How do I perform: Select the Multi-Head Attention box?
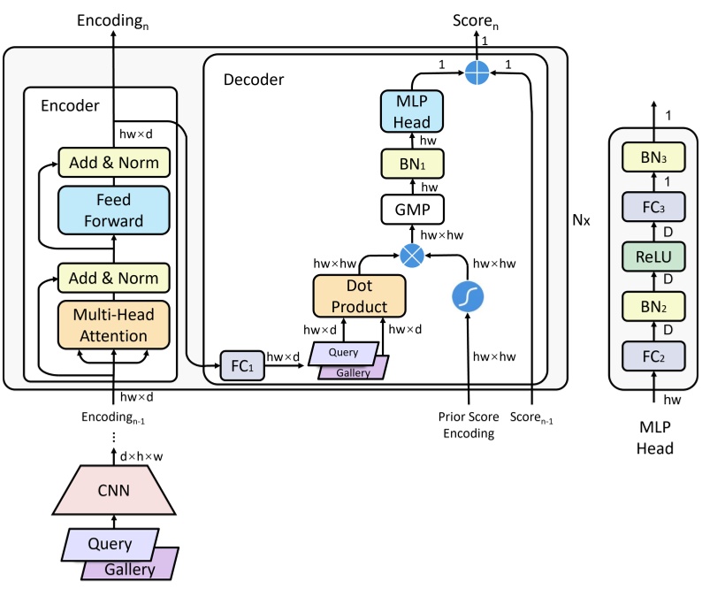point(114,325)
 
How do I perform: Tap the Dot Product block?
point(359,295)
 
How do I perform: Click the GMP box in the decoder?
point(411,210)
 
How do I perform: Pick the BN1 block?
point(411,164)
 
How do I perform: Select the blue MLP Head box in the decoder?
point(411,111)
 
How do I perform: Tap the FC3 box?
point(655,207)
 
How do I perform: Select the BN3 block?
point(655,159)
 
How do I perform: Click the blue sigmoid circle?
point(468,296)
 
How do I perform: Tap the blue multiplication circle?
point(412,255)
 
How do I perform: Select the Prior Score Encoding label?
point(466,425)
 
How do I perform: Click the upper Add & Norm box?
point(114,162)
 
